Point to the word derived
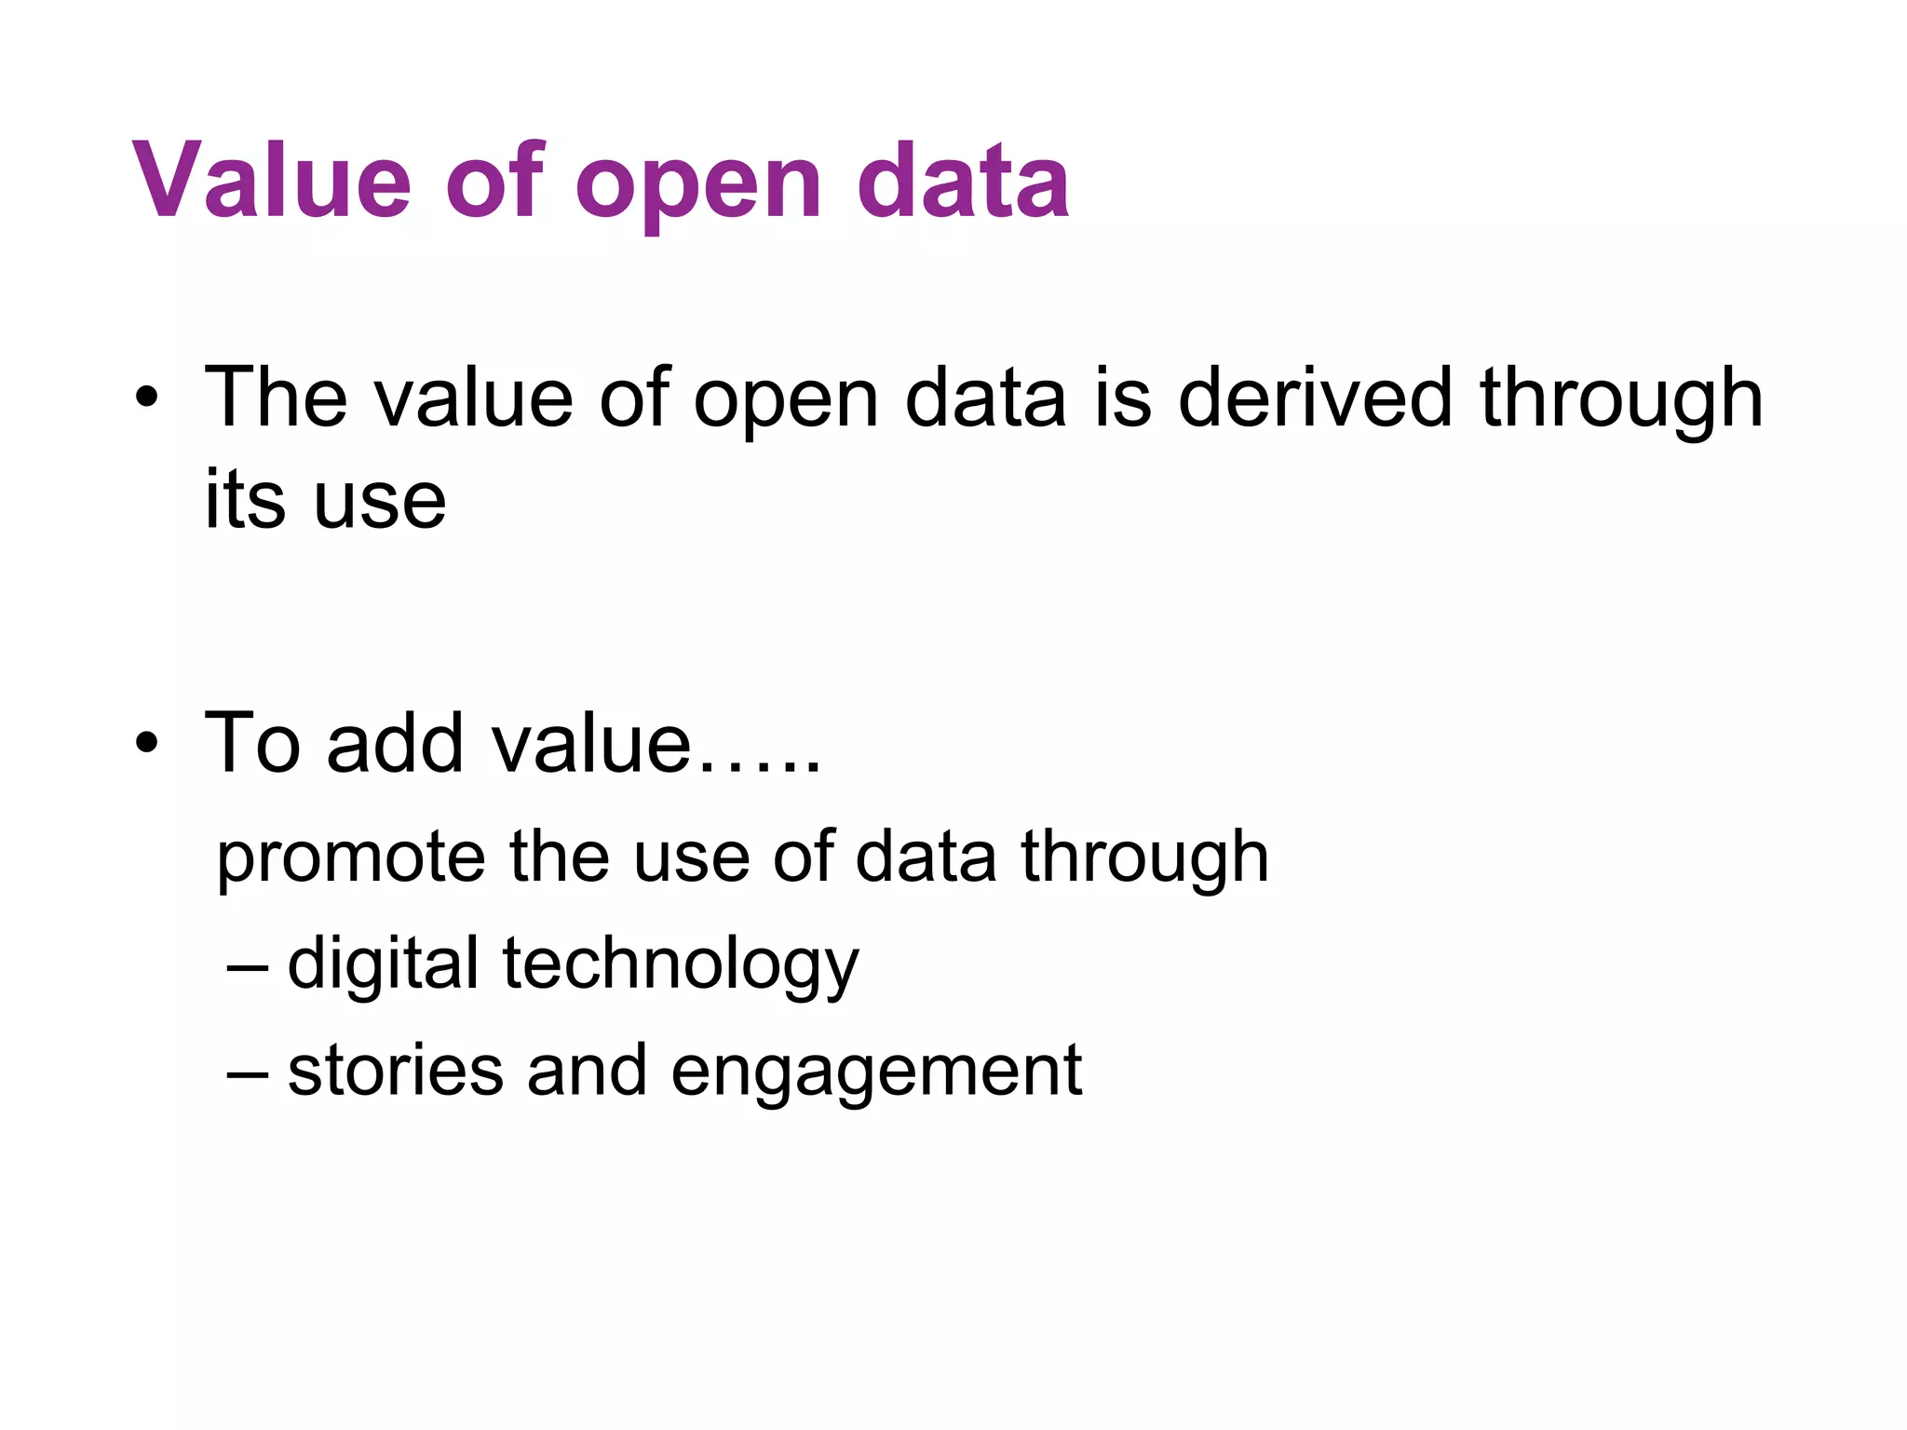point(1315,398)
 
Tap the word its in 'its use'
point(244,500)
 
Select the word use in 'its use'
point(379,504)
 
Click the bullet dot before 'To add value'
point(147,744)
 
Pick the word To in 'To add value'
point(253,743)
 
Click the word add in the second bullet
point(395,743)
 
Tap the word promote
point(350,858)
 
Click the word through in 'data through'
point(1144,858)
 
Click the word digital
point(383,965)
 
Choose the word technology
point(681,965)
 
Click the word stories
point(396,1071)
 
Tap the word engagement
point(875,1073)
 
